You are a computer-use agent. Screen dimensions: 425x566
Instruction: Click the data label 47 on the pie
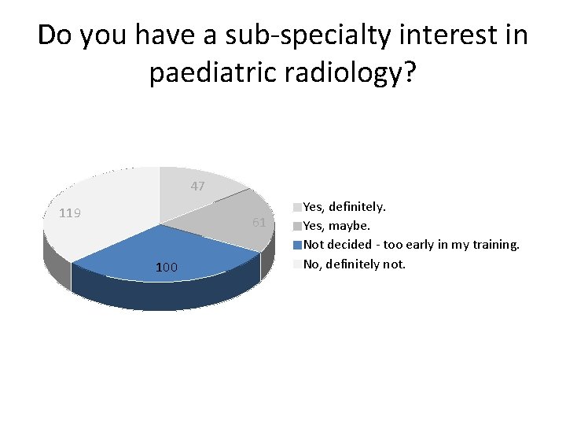coord(197,187)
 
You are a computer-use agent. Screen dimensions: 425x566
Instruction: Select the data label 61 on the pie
coord(259,223)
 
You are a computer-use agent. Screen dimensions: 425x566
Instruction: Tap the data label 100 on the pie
coord(166,268)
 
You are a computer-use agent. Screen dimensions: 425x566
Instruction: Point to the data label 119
coord(71,213)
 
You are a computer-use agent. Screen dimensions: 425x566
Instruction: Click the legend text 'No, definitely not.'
coord(355,264)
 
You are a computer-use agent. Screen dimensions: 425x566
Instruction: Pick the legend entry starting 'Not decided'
coord(411,245)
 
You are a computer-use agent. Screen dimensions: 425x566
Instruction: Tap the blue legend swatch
coord(298,245)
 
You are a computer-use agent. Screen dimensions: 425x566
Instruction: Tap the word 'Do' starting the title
coord(56,35)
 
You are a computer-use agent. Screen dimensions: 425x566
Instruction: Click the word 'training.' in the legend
coord(497,245)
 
